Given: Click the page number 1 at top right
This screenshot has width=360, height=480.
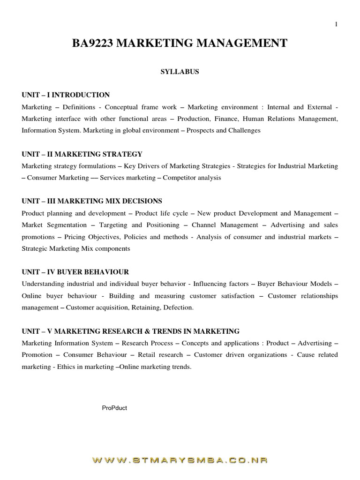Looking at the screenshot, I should click(336, 25).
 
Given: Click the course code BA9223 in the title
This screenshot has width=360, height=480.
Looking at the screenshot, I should click(92, 44).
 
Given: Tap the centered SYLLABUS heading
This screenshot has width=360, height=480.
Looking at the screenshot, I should click(180, 72).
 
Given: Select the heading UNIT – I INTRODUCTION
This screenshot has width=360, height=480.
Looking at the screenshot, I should click(66, 95).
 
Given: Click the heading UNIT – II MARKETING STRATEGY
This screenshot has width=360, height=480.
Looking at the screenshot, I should click(82, 154).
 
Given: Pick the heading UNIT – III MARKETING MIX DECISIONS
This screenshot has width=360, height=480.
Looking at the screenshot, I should click(92, 201).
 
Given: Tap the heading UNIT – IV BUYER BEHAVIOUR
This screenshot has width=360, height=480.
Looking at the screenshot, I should click(75, 272).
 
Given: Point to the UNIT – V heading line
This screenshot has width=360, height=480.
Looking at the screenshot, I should click(130, 331).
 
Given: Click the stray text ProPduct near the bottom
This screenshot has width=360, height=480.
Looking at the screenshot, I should click(114, 408).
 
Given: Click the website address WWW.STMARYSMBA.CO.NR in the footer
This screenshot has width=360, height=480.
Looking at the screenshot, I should click(180, 461).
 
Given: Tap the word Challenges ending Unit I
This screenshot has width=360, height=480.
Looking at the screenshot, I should click(244, 130).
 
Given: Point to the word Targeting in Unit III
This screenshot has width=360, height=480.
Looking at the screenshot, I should click(113, 225).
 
